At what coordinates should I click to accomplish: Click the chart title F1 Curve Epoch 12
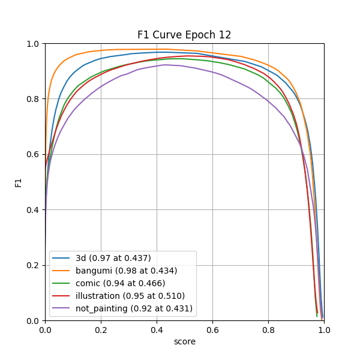coord(184,35)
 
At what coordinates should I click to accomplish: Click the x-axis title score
coord(184,341)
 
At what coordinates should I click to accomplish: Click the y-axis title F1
coord(19,182)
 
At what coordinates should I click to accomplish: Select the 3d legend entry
coord(113,258)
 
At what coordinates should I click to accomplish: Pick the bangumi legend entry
coord(126,271)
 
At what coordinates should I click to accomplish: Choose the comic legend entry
coord(121,283)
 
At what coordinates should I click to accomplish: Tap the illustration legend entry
coord(130,296)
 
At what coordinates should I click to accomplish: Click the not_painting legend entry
coord(134,308)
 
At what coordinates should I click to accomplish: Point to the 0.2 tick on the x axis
coord(101,329)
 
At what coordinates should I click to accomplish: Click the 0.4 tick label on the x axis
coord(157,329)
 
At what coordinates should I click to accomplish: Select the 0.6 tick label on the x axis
coord(212,329)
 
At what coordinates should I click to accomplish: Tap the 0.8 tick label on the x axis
coord(268,329)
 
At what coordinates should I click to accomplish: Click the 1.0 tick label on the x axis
coord(324,329)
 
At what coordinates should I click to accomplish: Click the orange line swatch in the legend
coord(62,271)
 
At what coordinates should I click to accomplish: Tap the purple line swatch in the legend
coord(62,308)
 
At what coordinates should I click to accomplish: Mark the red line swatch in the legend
coord(62,296)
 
